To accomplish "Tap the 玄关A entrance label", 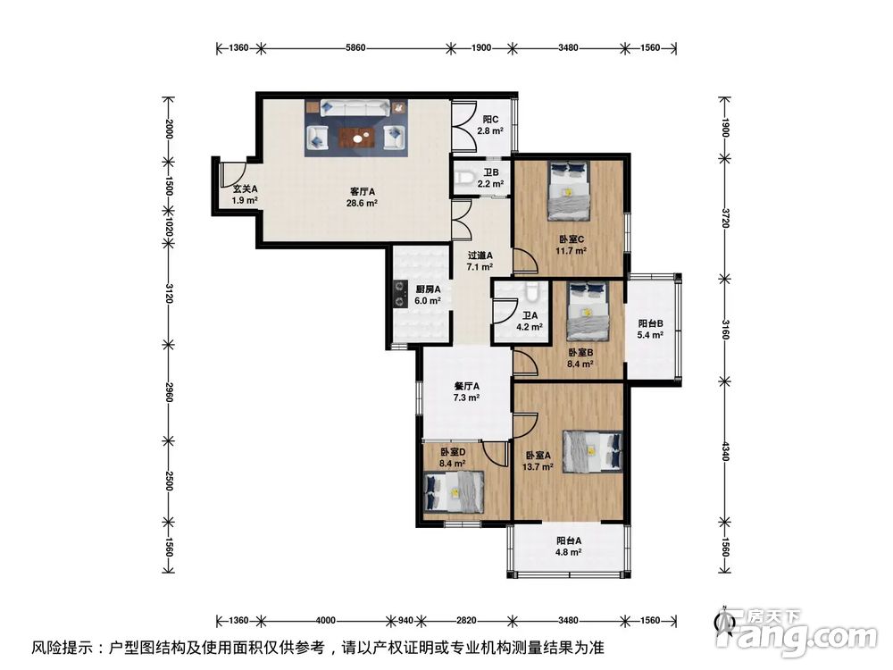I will [246, 188].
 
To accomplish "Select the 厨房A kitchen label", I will [428, 289].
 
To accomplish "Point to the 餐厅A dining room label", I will [467, 386].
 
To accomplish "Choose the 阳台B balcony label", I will [649, 323].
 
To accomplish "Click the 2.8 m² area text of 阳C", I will [489, 130].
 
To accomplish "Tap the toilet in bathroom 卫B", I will [463, 180].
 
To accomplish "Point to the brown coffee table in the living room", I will [356, 137].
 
